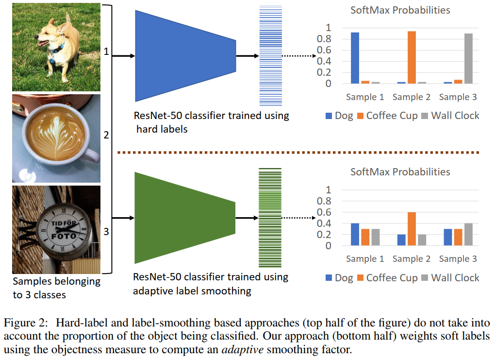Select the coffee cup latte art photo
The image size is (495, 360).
pyautogui.click(x=56, y=138)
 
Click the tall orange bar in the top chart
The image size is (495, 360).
pyautogui.click(x=412, y=57)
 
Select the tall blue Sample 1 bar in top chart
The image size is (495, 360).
pyautogui.click(x=355, y=58)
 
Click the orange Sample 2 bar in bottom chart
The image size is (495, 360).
pyautogui.click(x=412, y=229)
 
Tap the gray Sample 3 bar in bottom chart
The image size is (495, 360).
pyautogui.click(x=468, y=234)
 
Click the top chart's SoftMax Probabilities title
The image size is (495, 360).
pyautogui.click(x=400, y=10)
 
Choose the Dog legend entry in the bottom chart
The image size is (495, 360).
pyautogui.click(x=340, y=278)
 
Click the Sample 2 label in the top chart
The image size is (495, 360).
pyautogui.click(x=411, y=97)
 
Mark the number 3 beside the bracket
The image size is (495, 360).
pyautogui.click(x=106, y=232)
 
